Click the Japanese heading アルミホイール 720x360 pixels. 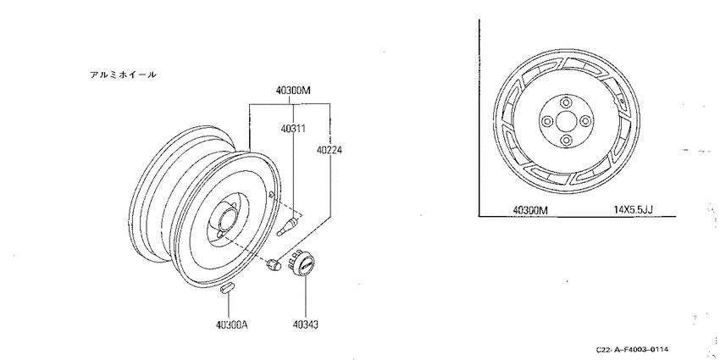point(123,75)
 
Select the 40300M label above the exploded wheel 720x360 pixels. point(293,91)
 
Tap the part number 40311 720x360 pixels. point(293,128)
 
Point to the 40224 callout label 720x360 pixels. point(330,150)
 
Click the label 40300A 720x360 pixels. point(232,325)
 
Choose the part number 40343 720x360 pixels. point(305,325)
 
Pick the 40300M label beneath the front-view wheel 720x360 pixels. point(530,210)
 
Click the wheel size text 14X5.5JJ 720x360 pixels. point(634,210)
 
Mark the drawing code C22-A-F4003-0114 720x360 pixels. point(632,350)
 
